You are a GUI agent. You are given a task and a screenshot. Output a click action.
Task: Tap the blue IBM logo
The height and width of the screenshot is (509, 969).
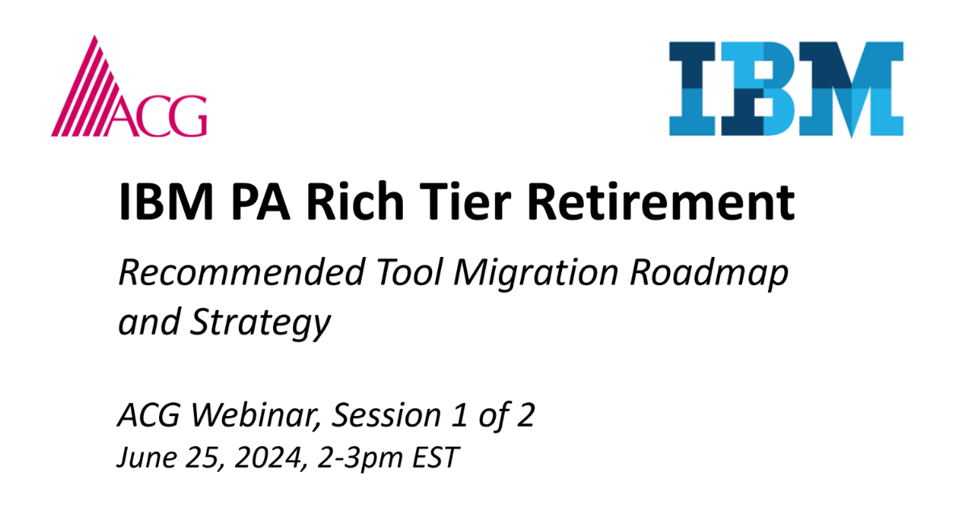coord(786,88)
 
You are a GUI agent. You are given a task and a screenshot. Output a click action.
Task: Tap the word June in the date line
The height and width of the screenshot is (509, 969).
coord(141,458)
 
